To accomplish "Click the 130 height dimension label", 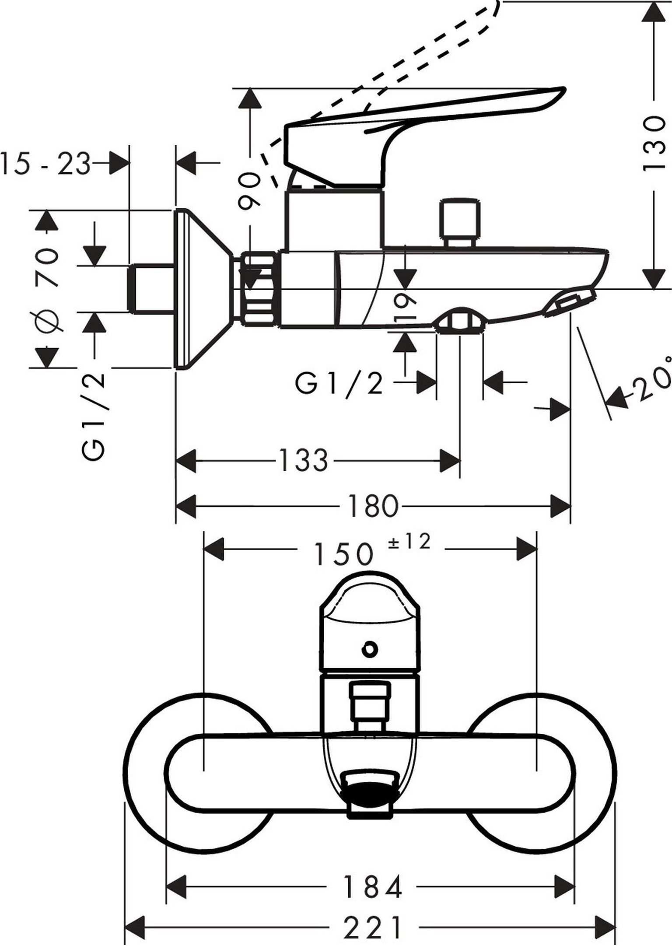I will coord(655,144).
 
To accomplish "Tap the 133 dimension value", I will coord(303,460).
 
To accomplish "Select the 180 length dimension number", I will coord(374,506).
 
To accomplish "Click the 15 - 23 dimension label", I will coord(46,164).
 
